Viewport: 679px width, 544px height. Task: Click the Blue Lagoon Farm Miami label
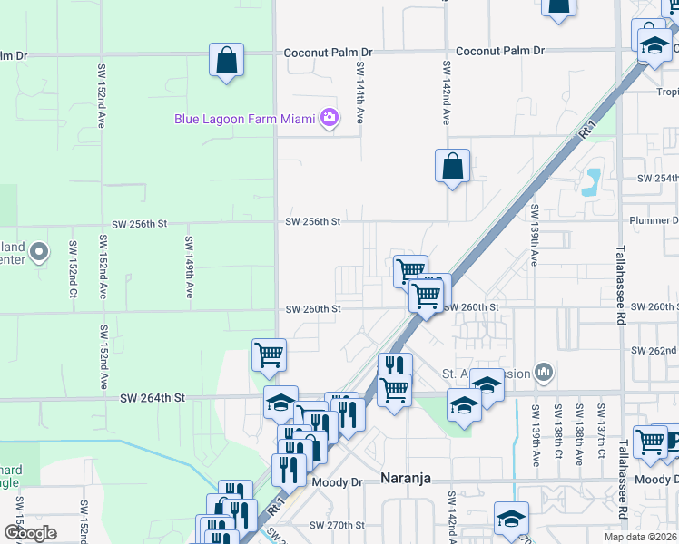pyautogui.click(x=245, y=118)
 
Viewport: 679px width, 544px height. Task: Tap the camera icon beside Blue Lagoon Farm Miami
pyautogui.click(x=329, y=118)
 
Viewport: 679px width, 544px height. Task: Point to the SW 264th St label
pyautogui.click(x=153, y=397)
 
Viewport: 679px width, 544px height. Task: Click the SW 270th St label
pyautogui.click(x=337, y=525)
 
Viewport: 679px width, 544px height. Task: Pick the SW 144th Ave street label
pyautogui.click(x=360, y=93)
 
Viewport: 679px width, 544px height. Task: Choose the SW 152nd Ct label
pyautogui.click(x=72, y=269)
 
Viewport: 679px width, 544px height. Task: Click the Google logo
pyautogui.click(x=30, y=533)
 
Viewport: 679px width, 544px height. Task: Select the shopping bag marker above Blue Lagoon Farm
pyautogui.click(x=225, y=62)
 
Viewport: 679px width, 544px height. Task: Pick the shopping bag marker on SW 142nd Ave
pyautogui.click(x=452, y=167)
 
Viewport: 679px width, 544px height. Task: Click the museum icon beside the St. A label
pyautogui.click(x=544, y=372)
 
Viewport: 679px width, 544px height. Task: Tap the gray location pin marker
pyautogui.click(x=39, y=252)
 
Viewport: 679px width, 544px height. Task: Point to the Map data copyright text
pyautogui.click(x=641, y=537)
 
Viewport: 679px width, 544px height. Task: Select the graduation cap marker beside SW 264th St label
pyautogui.click(x=280, y=403)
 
